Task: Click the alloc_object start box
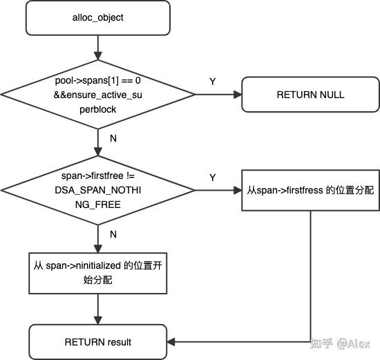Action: click(x=98, y=18)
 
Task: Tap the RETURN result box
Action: click(x=98, y=342)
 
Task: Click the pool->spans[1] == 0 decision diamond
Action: click(x=98, y=95)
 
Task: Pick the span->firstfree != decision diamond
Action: click(x=98, y=187)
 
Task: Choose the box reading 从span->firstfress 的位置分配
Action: click(x=310, y=188)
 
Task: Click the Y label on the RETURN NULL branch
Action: click(x=212, y=82)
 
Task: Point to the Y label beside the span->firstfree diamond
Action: click(x=212, y=178)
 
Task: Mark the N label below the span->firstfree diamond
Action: click(x=113, y=234)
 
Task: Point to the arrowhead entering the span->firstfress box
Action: click(x=236, y=188)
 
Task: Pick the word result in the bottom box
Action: click(x=118, y=342)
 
